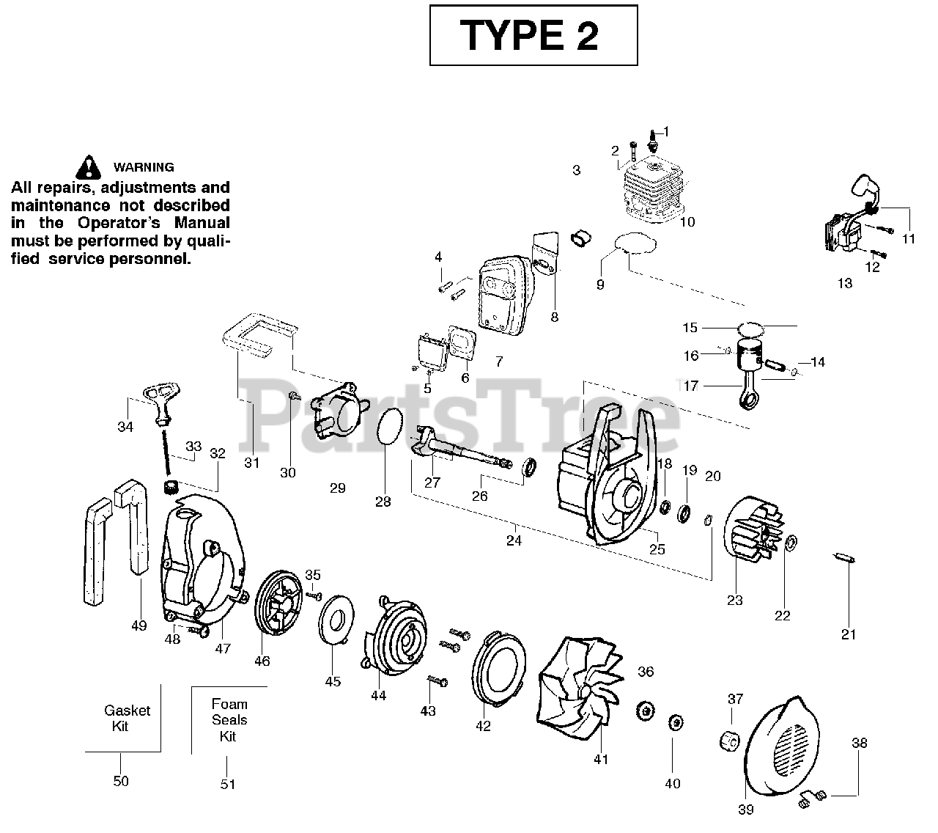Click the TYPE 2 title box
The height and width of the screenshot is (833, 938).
coord(533,35)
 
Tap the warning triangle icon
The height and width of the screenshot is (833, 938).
coord(89,167)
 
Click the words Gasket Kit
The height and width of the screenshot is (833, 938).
coord(127,718)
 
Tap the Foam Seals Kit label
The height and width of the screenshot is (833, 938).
coord(229,720)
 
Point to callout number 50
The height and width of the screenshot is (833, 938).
coord(121,781)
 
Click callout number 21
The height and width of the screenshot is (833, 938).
coord(848,634)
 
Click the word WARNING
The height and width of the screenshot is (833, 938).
coord(143,167)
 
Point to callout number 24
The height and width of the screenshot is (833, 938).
coord(514,540)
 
